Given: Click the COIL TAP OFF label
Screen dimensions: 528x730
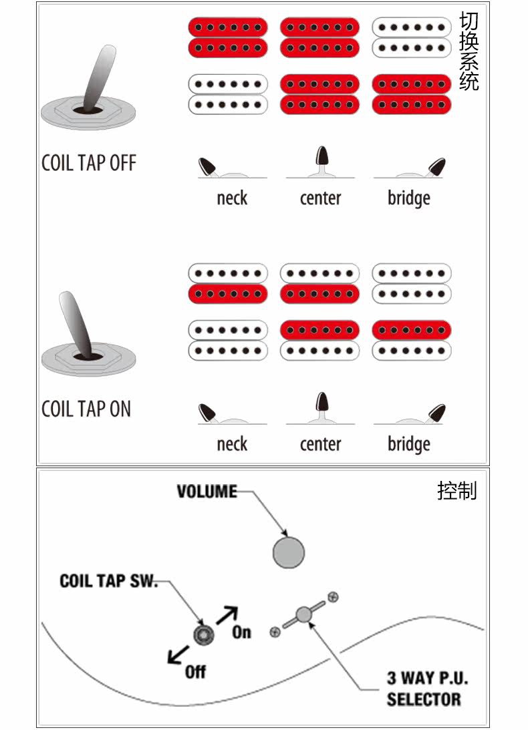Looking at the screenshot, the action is pyautogui.click(x=89, y=163).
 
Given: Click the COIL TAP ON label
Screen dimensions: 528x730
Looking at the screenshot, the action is pyautogui.click(x=86, y=409).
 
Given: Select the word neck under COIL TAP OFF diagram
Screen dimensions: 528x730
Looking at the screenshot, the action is pyautogui.click(x=232, y=198).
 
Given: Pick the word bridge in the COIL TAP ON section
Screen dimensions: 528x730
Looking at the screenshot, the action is pyautogui.click(x=408, y=445).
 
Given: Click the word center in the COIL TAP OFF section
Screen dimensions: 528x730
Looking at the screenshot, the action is pyautogui.click(x=320, y=198).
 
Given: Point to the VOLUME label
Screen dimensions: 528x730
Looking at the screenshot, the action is pyautogui.click(x=207, y=492).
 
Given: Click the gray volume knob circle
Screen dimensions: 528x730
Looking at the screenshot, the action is pyautogui.click(x=289, y=552).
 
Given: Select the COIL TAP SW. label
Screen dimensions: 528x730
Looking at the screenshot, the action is pyautogui.click(x=109, y=581).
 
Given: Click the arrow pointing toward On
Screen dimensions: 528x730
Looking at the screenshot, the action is pyautogui.click(x=227, y=614).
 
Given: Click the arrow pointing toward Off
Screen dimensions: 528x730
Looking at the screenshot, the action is pyautogui.click(x=177, y=656).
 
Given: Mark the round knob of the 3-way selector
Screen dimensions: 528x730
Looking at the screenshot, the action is pyautogui.click(x=304, y=614).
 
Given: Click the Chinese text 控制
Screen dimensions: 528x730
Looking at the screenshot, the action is pyautogui.click(x=457, y=491).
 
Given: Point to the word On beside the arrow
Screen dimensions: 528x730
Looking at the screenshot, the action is pyautogui.click(x=241, y=632).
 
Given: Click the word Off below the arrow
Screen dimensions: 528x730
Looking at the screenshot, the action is pyautogui.click(x=195, y=671).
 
